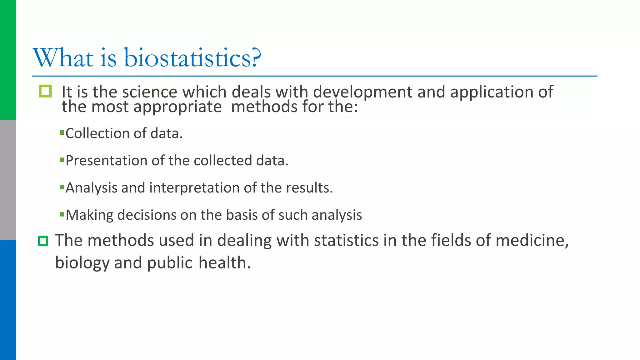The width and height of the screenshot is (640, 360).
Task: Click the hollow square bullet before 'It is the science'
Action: (45, 91)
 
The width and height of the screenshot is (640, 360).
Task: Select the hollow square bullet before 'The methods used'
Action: (43, 241)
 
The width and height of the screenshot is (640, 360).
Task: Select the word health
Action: (224, 263)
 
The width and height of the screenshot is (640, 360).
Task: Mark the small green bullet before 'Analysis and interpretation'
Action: (62, 187)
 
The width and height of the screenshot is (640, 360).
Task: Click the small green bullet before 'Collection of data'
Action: (62, 133)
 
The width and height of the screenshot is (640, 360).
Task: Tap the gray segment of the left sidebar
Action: (8, 180)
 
